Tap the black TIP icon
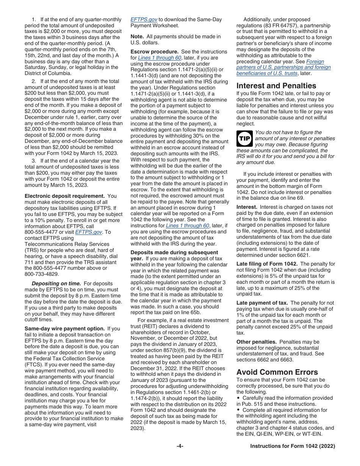click(x=244, y=139)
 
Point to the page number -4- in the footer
click(x=180, y=446)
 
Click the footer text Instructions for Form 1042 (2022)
click(x=293, y=446)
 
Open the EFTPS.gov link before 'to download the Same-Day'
click(x=144, y=20)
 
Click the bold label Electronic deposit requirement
click(x=65, y=196)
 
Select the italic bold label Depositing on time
click(x=56, y=283)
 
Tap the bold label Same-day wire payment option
click(x=64, y=328)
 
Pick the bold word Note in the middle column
click(x=137, y=36)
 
